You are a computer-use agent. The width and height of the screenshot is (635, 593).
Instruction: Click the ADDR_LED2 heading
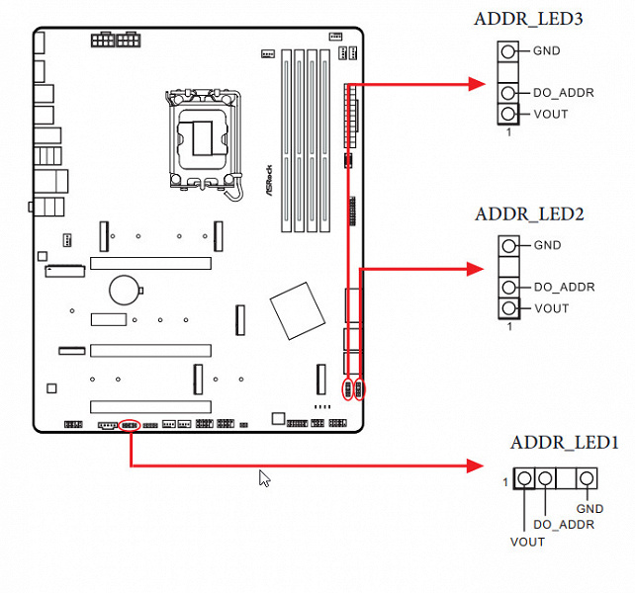[529, 213]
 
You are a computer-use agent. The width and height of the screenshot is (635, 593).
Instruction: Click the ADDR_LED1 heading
[564, 443]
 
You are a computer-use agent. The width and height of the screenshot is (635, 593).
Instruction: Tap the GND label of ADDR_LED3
[546, 50]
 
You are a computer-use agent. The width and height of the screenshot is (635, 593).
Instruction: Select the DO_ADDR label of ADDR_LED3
[564, 93]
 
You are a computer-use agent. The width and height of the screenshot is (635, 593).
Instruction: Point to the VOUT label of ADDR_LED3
[551, 114]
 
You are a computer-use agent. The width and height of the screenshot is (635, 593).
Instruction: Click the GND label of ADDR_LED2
[546, 245]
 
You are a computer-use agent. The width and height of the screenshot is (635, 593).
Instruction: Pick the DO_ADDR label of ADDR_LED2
[564, 287]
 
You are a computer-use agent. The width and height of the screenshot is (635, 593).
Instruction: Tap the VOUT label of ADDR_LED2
[551, 308]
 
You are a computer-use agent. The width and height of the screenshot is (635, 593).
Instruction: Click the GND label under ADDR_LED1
[590, 509]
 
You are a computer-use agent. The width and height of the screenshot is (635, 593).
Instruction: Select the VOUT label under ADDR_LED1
[527, 542]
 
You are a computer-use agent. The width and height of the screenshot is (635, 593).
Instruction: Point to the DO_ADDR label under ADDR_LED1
[564, 524]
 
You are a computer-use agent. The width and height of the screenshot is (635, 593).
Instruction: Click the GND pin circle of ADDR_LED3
[508, 50]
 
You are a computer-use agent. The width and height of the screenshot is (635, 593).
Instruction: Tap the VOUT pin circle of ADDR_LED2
[508, 308]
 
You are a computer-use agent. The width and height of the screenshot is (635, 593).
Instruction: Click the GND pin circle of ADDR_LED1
[588, 479]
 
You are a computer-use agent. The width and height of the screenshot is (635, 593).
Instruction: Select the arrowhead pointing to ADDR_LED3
[475, 85]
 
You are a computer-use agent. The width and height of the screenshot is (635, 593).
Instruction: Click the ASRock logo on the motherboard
[269, 184]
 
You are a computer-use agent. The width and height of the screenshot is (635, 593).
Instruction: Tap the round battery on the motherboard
[124, 289]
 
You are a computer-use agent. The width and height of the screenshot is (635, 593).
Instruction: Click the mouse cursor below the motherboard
[264, 478]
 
